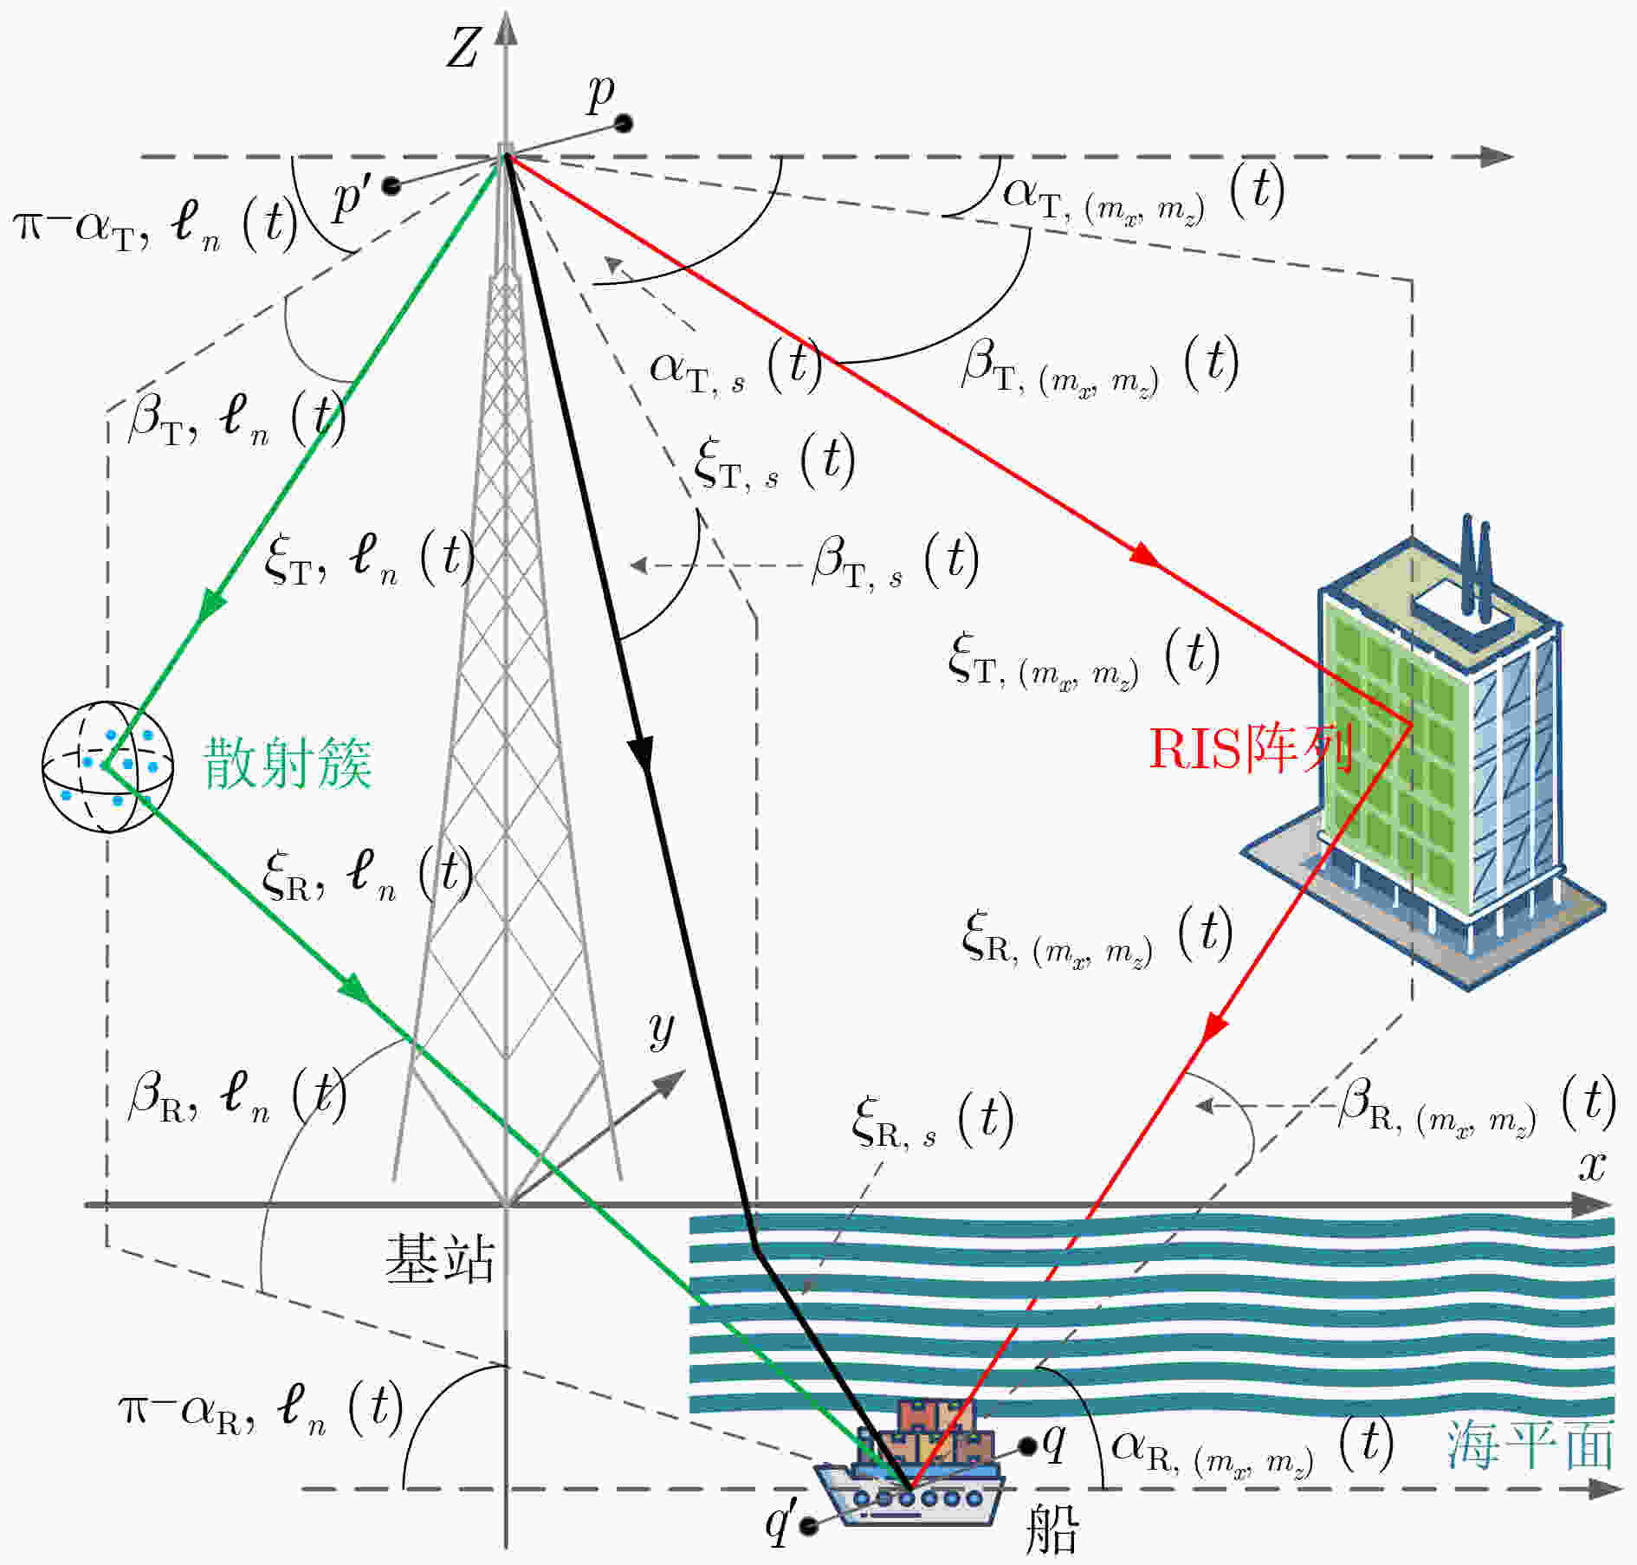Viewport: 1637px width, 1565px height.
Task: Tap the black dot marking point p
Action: coord(623,124)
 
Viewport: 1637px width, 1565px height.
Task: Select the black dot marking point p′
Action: coord(391,185)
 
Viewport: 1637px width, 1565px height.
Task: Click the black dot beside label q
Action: coord(1028,1445)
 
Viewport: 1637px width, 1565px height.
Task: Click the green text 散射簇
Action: coord(288,763)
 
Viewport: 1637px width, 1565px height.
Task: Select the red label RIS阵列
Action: coord(1250,748)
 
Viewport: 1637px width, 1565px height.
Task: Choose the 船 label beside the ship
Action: coord(1051,1529)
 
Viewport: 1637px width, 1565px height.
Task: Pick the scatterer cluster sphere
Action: coord(107,766)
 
